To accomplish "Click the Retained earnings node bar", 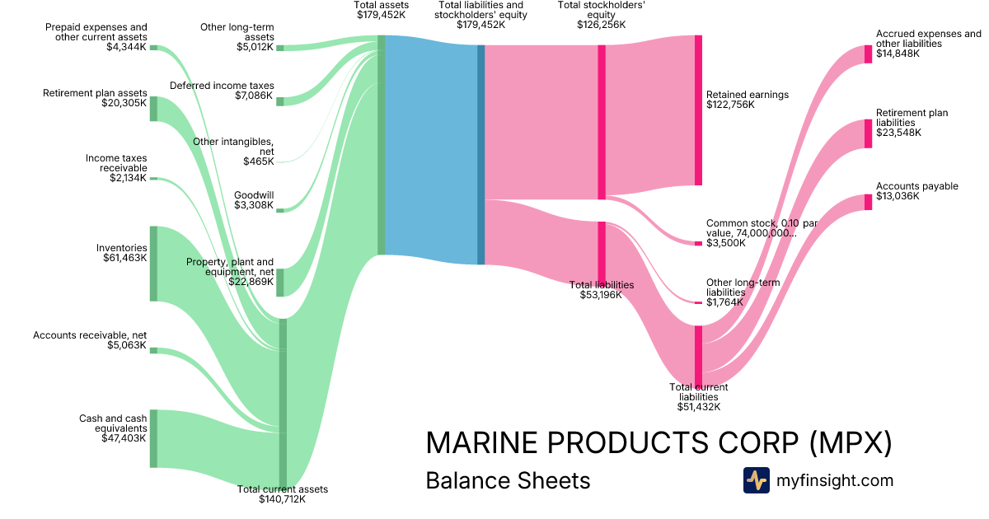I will point(698,110).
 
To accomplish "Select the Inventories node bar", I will point(153,264).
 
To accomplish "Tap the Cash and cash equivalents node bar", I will point(153,438).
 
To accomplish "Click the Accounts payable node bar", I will point(868,202).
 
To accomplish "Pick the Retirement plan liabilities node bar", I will point(868,133).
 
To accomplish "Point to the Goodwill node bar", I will point(279,210).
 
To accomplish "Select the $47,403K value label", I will point(125,438).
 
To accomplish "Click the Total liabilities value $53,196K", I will point(602,295).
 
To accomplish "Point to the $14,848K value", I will point(898,54).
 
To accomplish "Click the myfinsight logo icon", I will point(756,480).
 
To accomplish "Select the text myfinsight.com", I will point(834,480).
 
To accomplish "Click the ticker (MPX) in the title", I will point(850,443).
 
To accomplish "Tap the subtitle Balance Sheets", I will point(508,480).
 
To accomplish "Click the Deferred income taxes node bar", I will point(279,101).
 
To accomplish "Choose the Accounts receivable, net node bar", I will point(153,350).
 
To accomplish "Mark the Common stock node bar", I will point(698,243).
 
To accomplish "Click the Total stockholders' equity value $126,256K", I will point(602,25).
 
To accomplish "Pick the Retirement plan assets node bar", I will point(153,109).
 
